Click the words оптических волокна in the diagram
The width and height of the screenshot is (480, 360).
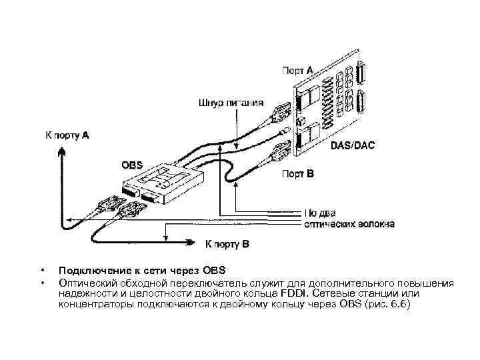(349, 225)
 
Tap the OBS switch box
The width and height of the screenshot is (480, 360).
(167, 183)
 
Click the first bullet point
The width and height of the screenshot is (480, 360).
(42, 271)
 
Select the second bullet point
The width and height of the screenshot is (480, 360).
(42, 282)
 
